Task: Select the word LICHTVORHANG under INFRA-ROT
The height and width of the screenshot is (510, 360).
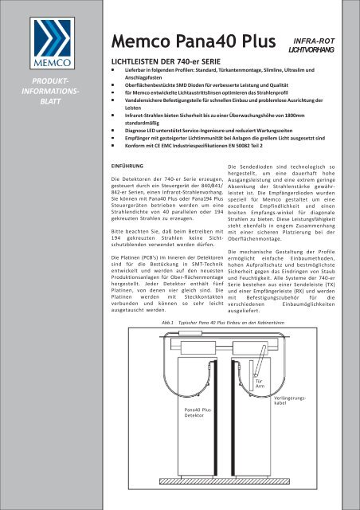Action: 314,49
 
